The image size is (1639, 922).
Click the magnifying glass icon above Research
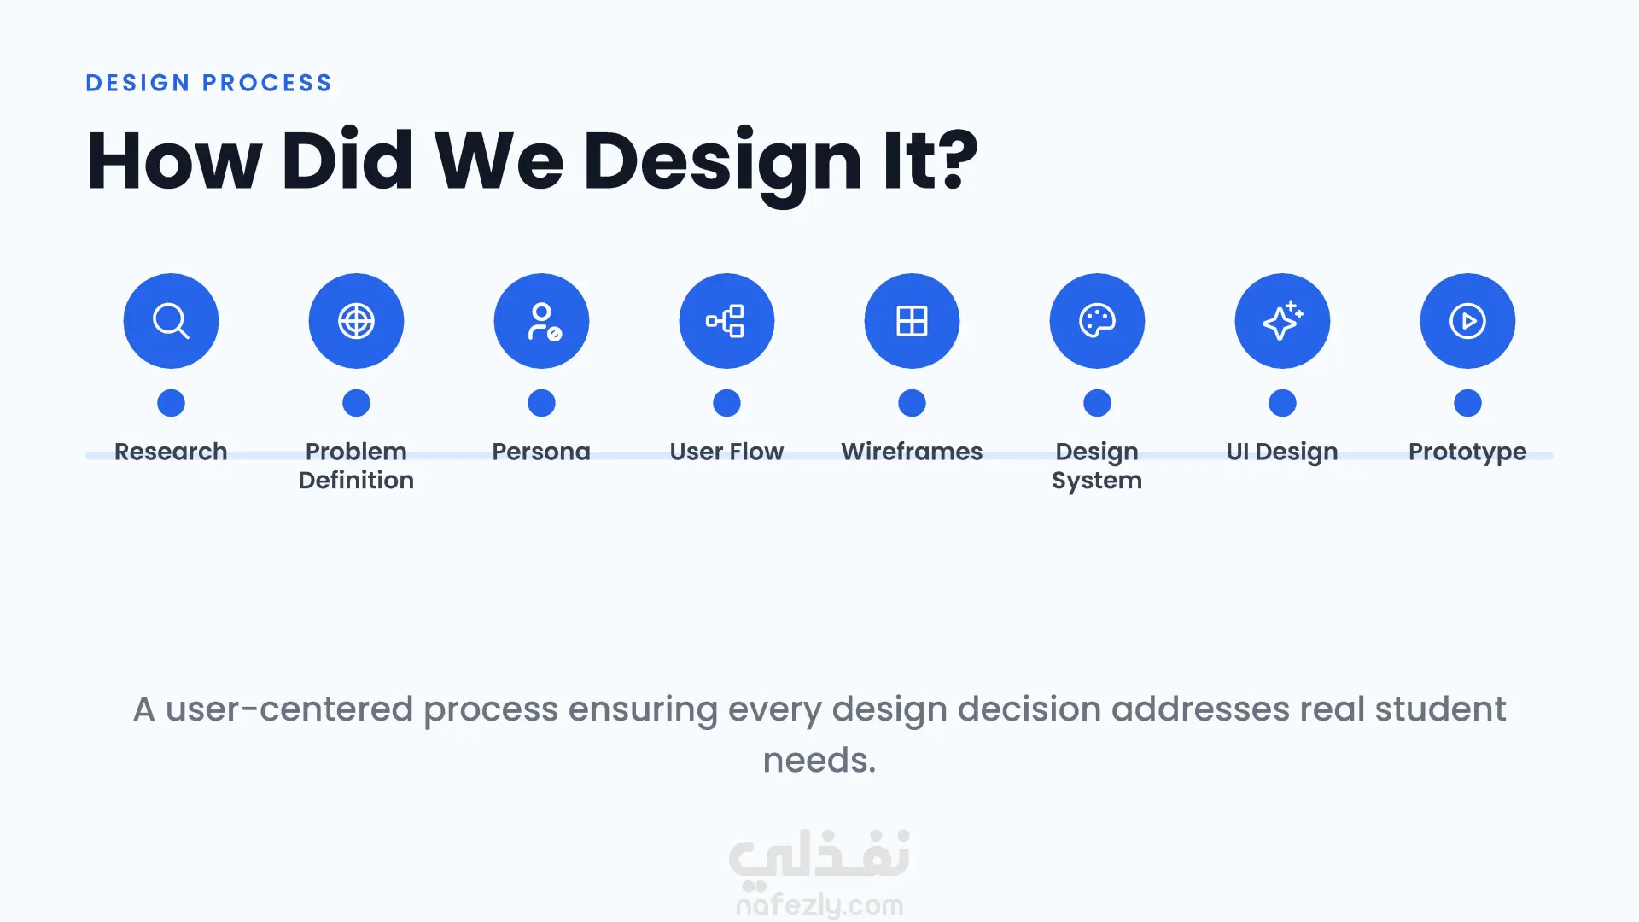pyautogui.click(x=171, y=321)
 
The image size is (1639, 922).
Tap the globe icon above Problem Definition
pyautogui.click(x=356, y=321)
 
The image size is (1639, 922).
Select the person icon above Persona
pyautogui.click(x=542, y=321)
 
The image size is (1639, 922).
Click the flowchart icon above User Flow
pyautogui.click(x=726, y=321)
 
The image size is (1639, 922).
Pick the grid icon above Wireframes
pyautogui.click(x=912, y=321)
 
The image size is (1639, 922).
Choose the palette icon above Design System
pyautogui.click(x=1097, y=321)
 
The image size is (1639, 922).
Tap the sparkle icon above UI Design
pyautogui.click(x=1282, y=321)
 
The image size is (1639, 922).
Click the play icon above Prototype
pyautogui.click(x=1467, y=321)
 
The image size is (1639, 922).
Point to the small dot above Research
pyautogui.click(x=171, y=403)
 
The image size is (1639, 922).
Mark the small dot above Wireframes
pyautogui.click(x=912, y=403)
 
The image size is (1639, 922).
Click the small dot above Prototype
pyautogui.click(x=1467, y=403)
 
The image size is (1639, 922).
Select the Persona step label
pyautogui.click(x=541, y=451)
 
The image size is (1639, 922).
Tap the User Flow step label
pyautogui.click(x=726, y=451)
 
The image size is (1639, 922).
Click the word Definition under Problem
pyautogui.click(x=356, y=480)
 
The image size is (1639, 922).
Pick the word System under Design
pyautogui.click(x=1097, y=481)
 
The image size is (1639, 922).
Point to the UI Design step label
pyautogui.click(x=1282, y=452)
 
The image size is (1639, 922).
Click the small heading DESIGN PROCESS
pyautogui.click(x=209, y=83)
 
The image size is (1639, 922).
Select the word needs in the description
pyautogui.click(x=819, y=760)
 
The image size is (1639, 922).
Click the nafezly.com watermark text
pyautogui.click(x=819, y=905)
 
